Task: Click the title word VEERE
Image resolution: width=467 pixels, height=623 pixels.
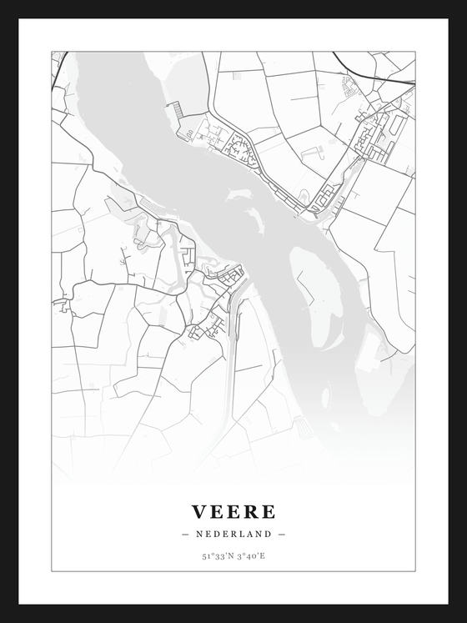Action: [x=233, y=511]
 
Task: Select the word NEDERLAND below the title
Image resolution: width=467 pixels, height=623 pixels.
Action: [x=233, y=534]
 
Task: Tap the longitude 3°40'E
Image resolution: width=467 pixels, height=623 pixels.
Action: [x=252, y=556]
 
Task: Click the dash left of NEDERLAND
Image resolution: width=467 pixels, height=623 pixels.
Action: [x=185, y=534]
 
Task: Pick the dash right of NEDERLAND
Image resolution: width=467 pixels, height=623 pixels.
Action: [x=282, y=534]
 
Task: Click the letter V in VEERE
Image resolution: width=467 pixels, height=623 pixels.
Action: [x=200, y=511]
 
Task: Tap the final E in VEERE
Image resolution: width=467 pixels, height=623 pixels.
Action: [x=268, y=511]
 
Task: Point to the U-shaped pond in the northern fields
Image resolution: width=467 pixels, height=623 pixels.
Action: [x=313, y=153]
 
